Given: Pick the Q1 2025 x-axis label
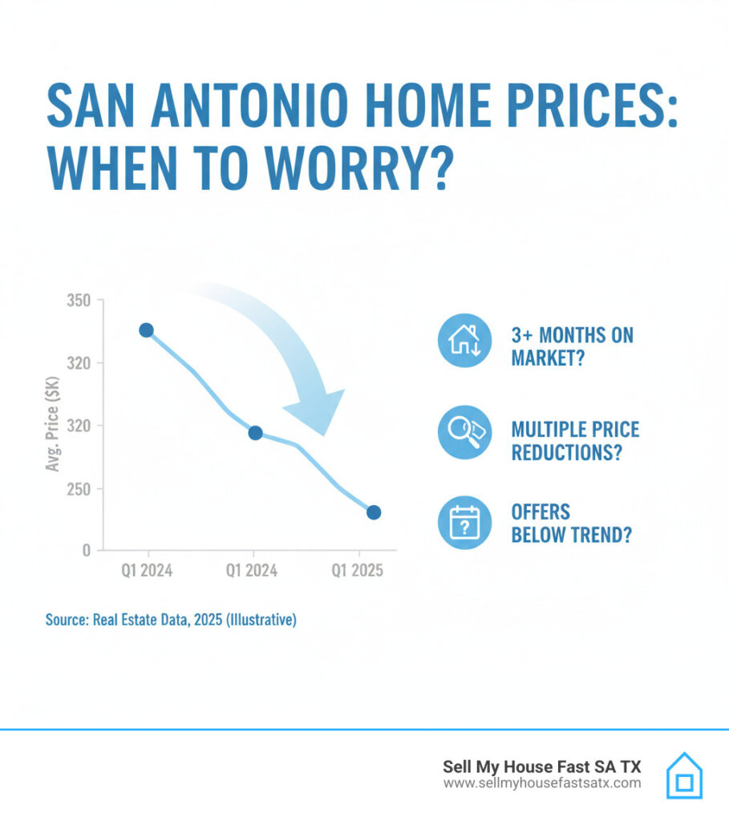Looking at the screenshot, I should click(x=358, y=571).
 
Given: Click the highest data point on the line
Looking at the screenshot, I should click(x=146, y=330).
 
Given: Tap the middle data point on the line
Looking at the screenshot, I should click(x=255, y=433).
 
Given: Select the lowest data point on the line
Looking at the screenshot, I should click(x=374, y=512).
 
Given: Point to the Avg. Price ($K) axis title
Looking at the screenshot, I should click(x=53, y=426).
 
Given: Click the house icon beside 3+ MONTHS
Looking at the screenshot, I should click(x=464, y=340).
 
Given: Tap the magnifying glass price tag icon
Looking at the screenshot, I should click(x=464, y=432).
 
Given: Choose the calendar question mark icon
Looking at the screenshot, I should click(x=464, y=522).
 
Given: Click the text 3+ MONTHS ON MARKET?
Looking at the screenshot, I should click(x=572, y=346).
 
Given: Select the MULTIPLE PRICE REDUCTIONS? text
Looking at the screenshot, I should click(x=575, y=440).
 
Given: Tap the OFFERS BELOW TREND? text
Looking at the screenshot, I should click(x=570, y=523).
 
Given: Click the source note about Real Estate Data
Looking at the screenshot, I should click(x=171, y=620).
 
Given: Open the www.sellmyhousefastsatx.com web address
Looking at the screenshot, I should click(x=542, y=783).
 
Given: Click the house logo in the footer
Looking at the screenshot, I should click(x=684, y=774).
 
